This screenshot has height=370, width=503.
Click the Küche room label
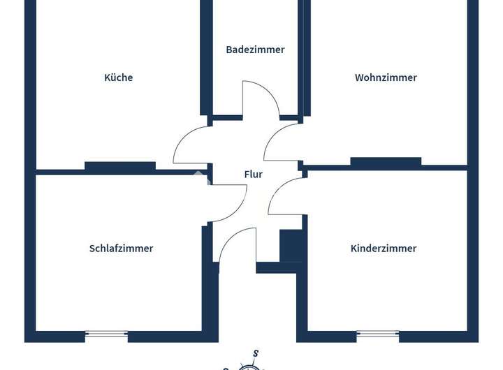(118, 77)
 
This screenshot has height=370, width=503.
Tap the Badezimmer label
(255, 50)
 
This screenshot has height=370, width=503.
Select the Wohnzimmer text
(386, 77)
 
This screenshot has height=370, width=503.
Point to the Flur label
(253, 174)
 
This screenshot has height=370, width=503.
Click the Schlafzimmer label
(121, 248)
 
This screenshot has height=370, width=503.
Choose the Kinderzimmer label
(384, 248)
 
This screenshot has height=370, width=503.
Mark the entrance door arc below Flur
(228, 238)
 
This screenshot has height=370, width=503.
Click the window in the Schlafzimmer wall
(106, 334)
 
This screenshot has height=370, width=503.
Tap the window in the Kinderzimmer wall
(378, 334)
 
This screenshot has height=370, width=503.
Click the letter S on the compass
(256, 354)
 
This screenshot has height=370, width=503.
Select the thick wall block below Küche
(120, 165)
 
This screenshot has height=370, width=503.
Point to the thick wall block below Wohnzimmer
(386, 161)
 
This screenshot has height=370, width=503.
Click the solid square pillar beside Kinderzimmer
(291, 246)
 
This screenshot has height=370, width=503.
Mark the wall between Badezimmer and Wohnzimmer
(304, 58)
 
